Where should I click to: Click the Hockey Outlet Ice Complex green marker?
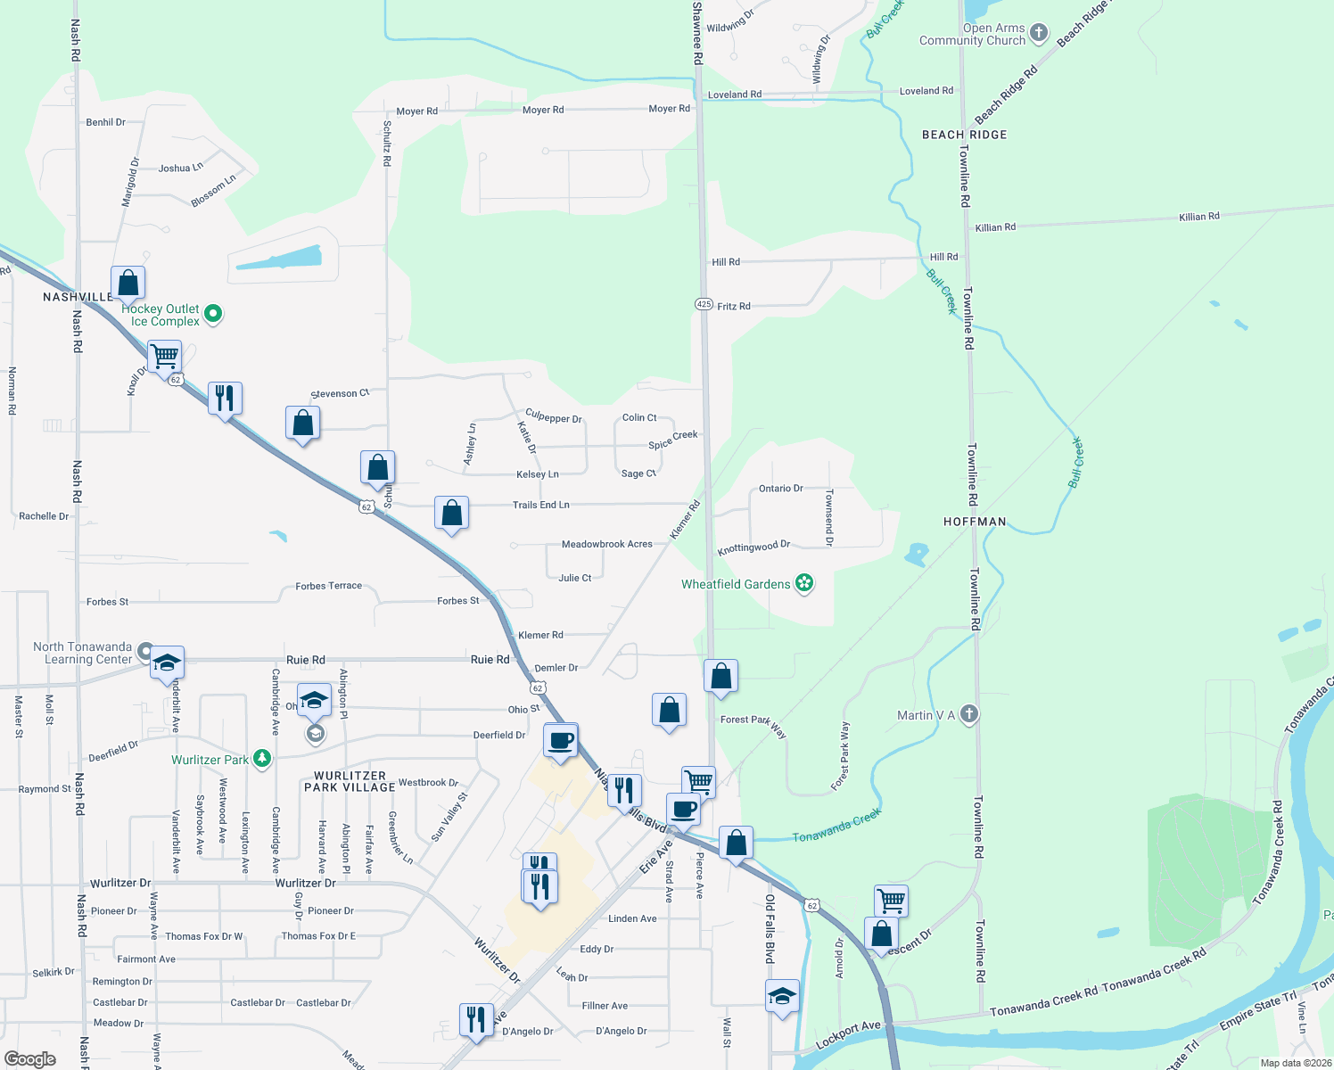click(x=213, y=313)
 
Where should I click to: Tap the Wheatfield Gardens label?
click(x=736, y=584)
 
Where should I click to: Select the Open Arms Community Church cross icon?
click(x=1039, y=34)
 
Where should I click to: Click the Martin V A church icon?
click(x=969, y=714)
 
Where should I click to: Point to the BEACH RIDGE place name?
click(x=964, y=135)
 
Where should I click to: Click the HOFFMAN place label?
click(x=975, y=522)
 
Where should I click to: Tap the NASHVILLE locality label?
click(x=78, y=297)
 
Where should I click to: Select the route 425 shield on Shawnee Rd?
click(x=704, y=304)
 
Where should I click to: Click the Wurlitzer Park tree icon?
click(x=261, y=759)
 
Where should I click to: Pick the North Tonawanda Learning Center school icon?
click(x=167, y=663)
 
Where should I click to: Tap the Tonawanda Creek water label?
click(x=836, y=825)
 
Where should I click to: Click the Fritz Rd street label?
click(x=734, y=306)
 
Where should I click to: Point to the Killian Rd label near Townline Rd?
click(x=995, y=227)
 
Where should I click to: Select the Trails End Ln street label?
click(x=540, y=505)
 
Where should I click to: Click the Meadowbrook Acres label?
click(x=606, y=544)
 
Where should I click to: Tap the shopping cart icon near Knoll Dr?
click(x=165, y=357)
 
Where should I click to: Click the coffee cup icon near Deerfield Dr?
click(x=561, y=740)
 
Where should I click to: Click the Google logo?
click(x=30, y=1058)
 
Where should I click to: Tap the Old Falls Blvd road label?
click(x=770, y=927)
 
